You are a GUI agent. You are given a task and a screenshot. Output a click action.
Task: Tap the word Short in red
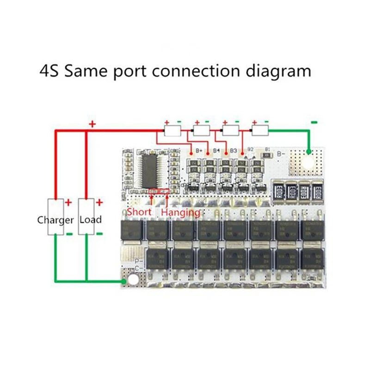pos(139,212)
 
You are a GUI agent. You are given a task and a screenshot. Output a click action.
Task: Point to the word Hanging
pos(180,212)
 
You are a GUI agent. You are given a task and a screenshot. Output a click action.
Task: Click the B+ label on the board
pos(200,151)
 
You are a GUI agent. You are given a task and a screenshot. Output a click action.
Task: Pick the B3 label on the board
pos(233,151)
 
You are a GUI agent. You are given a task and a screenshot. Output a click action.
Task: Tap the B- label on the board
pos(281,153)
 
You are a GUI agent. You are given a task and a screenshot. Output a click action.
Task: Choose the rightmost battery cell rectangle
pos(259,131)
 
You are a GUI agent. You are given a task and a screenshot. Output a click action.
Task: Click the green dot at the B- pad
pos(308,151)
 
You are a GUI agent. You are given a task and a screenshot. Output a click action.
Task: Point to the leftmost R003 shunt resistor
pos(279,190)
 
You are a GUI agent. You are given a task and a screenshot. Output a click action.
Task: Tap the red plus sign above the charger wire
pos(92,124)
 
